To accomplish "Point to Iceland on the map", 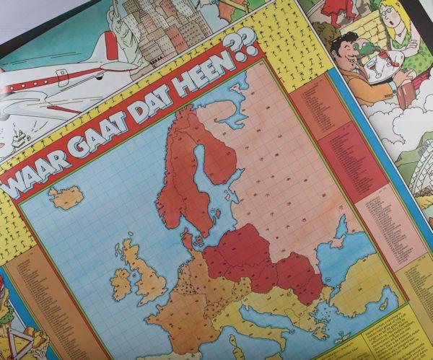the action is pos(65,197).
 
